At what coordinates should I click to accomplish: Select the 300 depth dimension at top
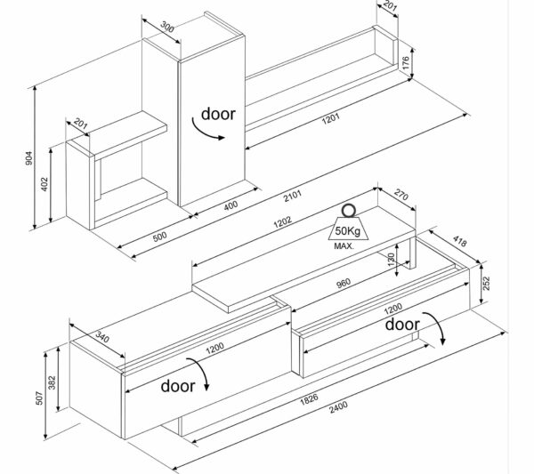coord(167,28)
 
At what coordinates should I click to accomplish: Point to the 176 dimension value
coord(404,62)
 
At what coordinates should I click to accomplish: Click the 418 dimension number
coord(460,245)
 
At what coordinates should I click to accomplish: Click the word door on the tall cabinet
coord(218,113)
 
